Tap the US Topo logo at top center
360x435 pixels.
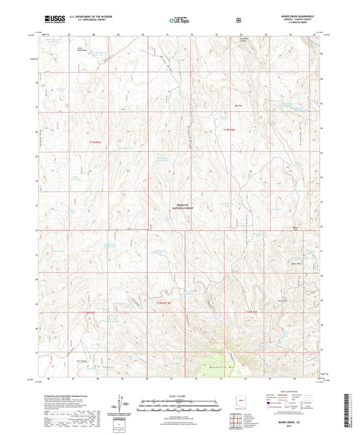pyautogui.click(x=179, y=20)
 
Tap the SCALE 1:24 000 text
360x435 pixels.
pyautogui.click(x=179, y=395)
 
